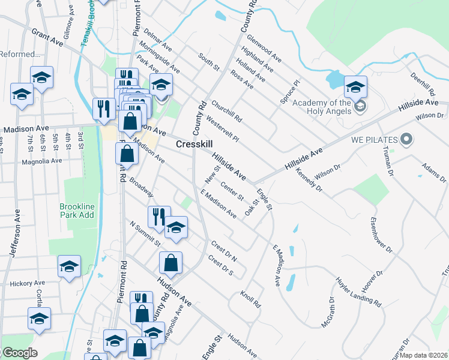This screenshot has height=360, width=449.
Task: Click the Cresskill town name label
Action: tap(195, 145)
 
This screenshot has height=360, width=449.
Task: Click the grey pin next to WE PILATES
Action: tap(406, 140)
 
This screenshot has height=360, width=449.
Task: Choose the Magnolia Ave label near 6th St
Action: tap(41, 161)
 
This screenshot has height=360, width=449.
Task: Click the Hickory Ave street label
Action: tap(27, 283)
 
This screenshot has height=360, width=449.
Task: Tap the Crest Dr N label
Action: tap(224, 249)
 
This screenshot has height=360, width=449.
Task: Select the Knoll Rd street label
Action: tap(250, 299)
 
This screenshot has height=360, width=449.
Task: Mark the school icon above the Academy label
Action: tap(355, 86)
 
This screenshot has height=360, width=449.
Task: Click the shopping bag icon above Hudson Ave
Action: tap(171, 262)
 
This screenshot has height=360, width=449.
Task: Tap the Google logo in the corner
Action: tap(19, 353)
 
